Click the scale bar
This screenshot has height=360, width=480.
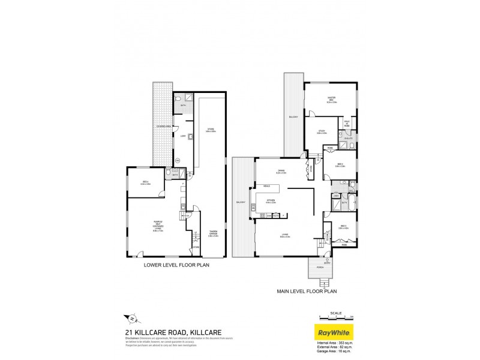pos(335,316)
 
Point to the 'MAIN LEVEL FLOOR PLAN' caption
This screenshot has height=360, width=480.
pos(306,292)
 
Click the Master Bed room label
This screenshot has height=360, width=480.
pos(331,101)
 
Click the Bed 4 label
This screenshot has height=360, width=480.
pos(146,183)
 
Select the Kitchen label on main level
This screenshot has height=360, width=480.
pos(270,202)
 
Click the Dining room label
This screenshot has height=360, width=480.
pos(280,171)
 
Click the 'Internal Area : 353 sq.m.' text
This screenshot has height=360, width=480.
pos(337,342)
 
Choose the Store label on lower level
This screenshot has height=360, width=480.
pos(211,130)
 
